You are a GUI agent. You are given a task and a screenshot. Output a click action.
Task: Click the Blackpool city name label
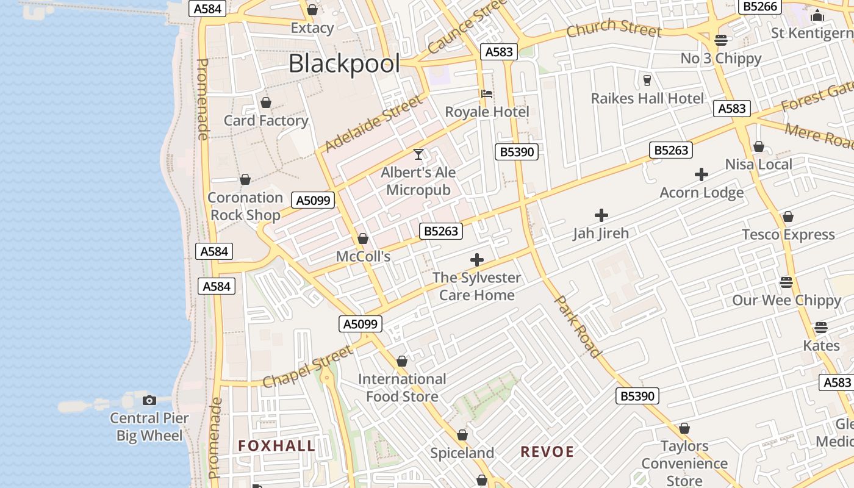344,63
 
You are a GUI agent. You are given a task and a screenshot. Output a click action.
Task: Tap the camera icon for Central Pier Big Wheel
149,401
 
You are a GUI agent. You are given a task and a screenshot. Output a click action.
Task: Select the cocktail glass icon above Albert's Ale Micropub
418,154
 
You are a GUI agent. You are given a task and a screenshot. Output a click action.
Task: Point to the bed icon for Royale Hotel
487,94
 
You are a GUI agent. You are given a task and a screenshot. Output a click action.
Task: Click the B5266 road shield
759,7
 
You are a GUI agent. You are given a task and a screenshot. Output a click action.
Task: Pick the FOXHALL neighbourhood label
277,446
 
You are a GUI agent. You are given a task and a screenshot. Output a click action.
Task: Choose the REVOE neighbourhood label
547,452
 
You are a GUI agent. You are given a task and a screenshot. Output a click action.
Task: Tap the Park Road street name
577,326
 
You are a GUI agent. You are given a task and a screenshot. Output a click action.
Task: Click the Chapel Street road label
307,367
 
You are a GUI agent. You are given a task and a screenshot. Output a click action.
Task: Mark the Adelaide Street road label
373,124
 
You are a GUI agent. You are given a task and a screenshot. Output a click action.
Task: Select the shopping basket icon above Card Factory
266,102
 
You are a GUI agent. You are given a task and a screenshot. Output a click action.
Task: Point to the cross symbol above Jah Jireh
601,215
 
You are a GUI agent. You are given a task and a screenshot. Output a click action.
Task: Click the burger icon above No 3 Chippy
721,40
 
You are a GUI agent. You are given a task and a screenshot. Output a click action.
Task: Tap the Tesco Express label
788,235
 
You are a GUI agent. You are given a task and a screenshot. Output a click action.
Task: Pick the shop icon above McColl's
363,239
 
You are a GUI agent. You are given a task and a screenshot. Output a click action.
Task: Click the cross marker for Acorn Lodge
701,175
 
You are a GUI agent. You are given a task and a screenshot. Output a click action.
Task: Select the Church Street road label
614,28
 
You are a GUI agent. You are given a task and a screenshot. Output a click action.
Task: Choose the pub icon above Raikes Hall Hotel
647,80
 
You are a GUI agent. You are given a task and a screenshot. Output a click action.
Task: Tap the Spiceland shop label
462,453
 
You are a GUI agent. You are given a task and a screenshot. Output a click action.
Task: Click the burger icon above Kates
821,328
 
